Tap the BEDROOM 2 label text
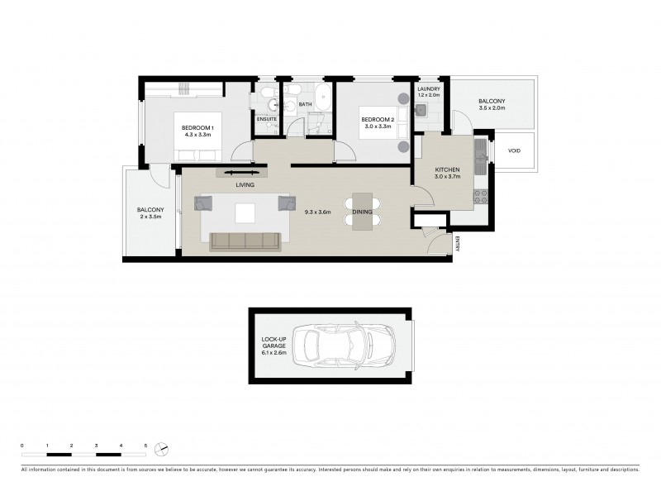point(377,121)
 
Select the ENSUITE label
point(266,120)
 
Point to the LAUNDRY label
point(429,88)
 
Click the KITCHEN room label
point(447,169)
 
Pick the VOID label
point(514,151)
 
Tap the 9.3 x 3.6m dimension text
point(318,212)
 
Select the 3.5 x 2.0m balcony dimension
point(492,108)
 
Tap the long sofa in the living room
point(245,241)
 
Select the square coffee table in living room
point(246,213)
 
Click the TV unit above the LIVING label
point(243,173)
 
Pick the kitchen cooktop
point(480,197)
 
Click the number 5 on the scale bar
point(145,446)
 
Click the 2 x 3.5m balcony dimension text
point(150,217)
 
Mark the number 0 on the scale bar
point(22,446)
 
